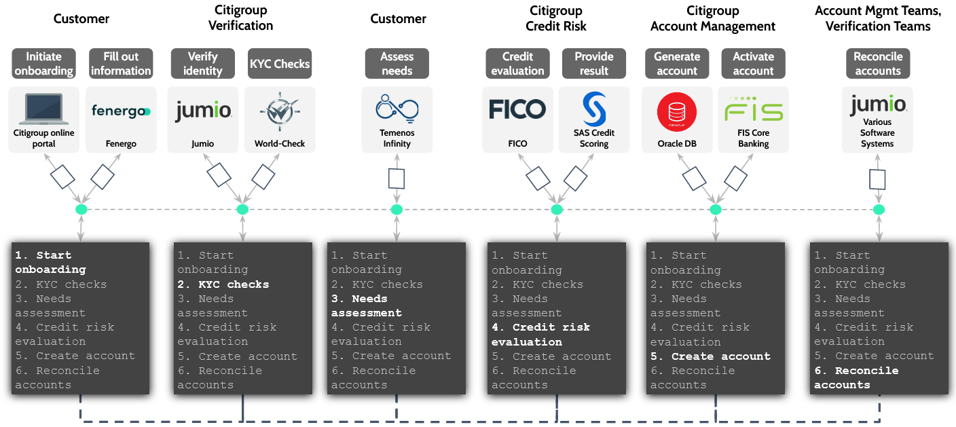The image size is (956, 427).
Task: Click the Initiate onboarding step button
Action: click(44, 64)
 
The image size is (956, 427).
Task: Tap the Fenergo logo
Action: click(121, 111)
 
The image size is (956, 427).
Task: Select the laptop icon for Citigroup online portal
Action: click(44, 109)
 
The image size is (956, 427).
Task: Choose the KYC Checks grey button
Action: click(280, 64)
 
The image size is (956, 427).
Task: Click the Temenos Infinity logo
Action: click(397, 109)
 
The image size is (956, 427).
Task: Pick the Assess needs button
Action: click(397, 64)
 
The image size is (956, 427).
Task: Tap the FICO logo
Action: click(517, 109)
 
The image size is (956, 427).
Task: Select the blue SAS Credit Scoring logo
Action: click(594, 109)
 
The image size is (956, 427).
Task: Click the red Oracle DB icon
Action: click(677, 111)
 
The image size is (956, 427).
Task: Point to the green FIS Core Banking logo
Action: click(754, 109)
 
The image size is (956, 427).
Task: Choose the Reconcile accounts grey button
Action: click(878, 64)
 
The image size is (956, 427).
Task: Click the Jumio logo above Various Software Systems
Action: click(878, 105)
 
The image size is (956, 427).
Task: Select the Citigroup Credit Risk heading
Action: click(556, 18)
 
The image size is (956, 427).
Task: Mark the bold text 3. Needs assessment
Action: click(367, 305)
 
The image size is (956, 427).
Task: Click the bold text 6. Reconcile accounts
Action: click(856, 377)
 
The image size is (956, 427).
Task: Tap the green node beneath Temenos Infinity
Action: click(397, 209)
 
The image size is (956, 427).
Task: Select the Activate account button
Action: click(754, 64)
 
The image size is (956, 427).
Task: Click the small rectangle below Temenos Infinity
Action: click(397, 179)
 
